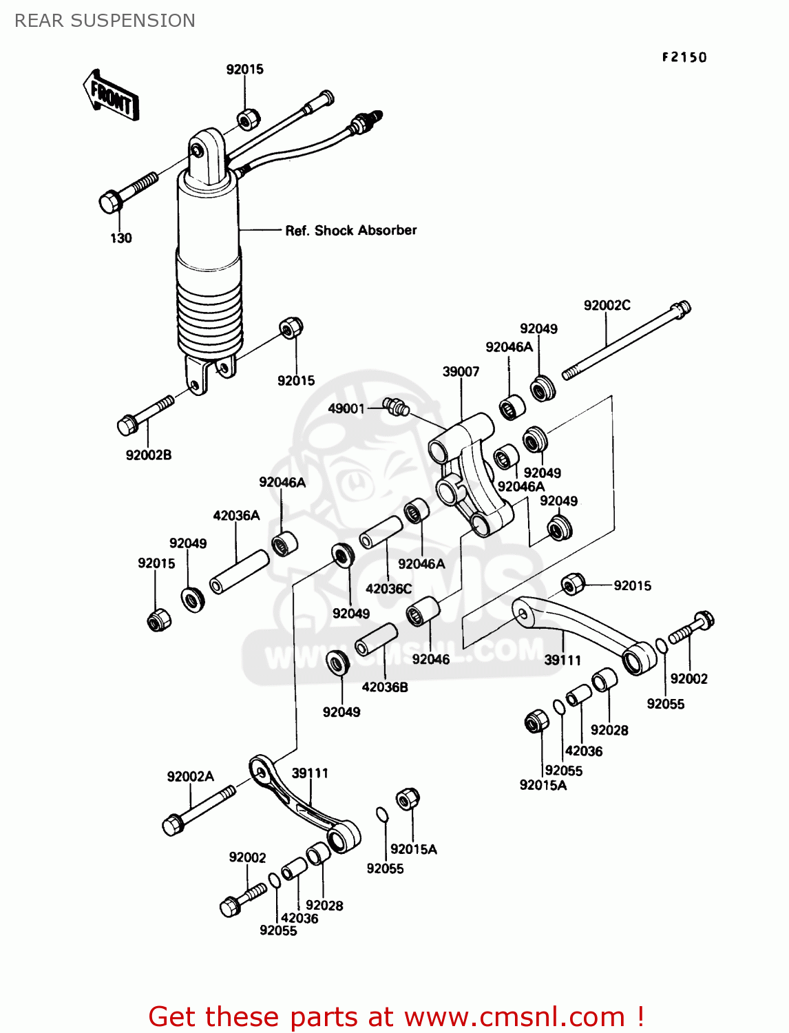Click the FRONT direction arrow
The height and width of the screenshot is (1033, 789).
(111, 96)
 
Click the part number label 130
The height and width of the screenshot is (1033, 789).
(121, 238)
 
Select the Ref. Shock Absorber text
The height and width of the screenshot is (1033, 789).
(350, 231)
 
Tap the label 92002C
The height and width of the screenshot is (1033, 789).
(607, 305)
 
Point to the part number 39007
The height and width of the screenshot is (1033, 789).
(461, 372)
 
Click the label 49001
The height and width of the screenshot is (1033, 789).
(346, 408)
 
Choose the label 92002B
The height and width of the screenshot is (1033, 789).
(149, 455)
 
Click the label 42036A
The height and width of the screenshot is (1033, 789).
(236, 516)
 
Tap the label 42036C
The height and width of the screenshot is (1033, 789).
(388, 589)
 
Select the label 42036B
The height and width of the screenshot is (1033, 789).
(385, 687)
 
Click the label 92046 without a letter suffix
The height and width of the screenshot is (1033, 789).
(430, 660)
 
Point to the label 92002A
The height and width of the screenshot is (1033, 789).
(190, 777)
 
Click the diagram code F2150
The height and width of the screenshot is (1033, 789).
(684, 57)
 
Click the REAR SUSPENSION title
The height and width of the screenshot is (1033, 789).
(105, 21)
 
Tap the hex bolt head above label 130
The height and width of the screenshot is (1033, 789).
(111, 202)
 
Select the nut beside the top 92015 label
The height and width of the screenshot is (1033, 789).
(249, 119)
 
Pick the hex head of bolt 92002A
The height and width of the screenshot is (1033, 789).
(173, 824)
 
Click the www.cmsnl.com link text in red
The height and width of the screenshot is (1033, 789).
(514, 1016)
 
